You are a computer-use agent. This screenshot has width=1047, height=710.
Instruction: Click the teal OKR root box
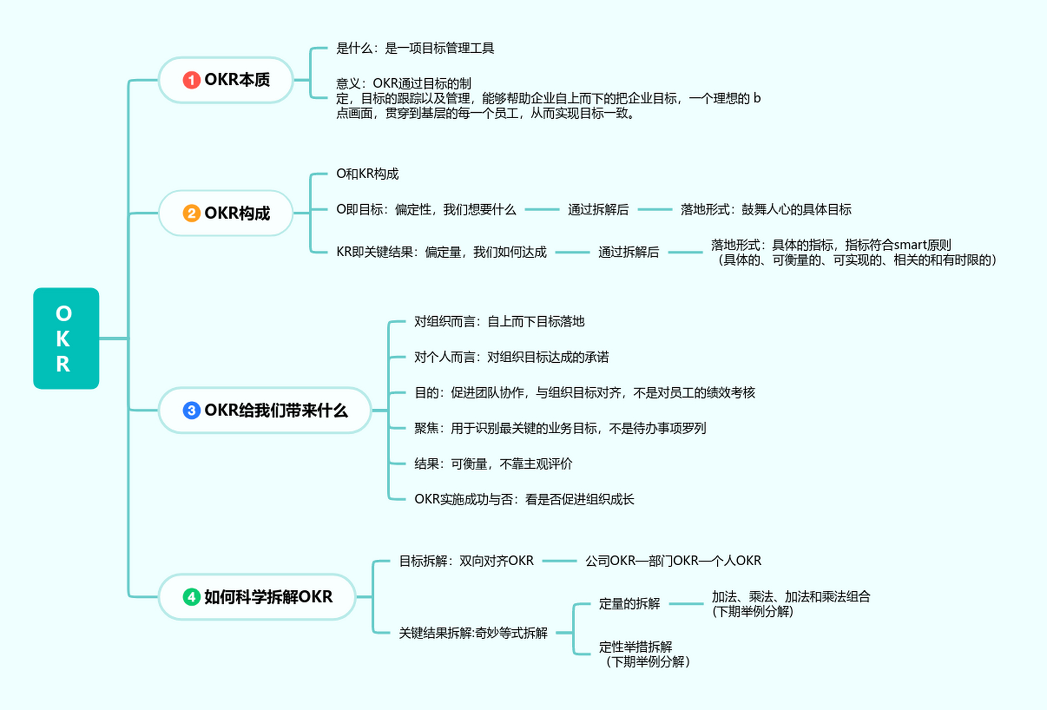click(x=66, y=338)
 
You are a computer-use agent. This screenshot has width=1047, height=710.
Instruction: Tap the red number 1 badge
click(x=191, y=80)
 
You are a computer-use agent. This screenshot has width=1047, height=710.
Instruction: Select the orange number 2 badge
click(x=191, y=213)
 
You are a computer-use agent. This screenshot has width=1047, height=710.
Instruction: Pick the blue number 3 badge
click(x=191, y=410)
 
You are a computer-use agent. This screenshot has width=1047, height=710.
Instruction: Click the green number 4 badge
click(x=191, y=597)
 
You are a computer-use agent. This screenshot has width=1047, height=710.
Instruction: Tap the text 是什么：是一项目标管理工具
click(x=414, y=48)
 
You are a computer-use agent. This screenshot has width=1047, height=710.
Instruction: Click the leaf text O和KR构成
click(x=367, y=174)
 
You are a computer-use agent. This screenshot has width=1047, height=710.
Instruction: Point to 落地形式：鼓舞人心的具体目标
click(x=766, y=210)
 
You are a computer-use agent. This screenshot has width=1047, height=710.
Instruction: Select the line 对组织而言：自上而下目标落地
click(x=499, y=322)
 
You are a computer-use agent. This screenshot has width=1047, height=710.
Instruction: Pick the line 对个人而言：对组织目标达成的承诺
click(x=511, y=357)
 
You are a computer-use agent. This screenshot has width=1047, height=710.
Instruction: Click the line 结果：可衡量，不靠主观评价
click(x=493, y=464)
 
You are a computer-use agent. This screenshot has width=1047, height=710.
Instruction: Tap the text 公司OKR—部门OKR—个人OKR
click(x=673, y=561)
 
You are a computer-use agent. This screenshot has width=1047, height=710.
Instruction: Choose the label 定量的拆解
click(x=629, y=603)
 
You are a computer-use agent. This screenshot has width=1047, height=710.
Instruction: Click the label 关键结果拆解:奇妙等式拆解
click(x=473, y=633)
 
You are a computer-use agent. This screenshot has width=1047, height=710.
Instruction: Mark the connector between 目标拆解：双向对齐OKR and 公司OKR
click(x=559, y=561)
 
